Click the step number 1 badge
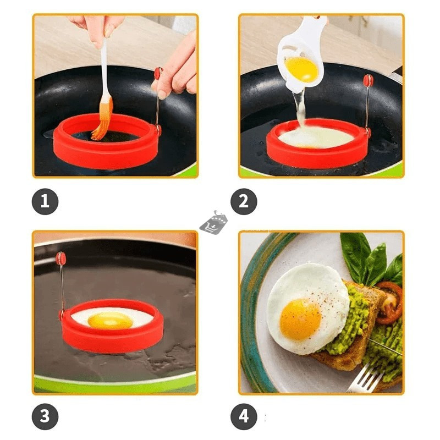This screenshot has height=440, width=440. click(x=45, y=201)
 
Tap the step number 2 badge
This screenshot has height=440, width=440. click(x=244, y=201)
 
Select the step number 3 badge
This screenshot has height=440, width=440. click(x=45, y=416)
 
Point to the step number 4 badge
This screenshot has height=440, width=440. click(x=244, y=416)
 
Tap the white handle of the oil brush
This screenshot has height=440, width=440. click(x=105, y=67)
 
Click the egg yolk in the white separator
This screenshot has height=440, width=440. click(x=301, y=69)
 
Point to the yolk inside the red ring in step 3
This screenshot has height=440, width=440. click(x=110, y=321)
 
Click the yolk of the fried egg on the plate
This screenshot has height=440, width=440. click(x=300, y=319)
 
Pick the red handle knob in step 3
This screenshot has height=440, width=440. click(x=61, y=258)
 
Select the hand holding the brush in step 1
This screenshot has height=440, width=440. click(x=95, y=30)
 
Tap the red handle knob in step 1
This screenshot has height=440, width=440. click(x=158, y=74)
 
